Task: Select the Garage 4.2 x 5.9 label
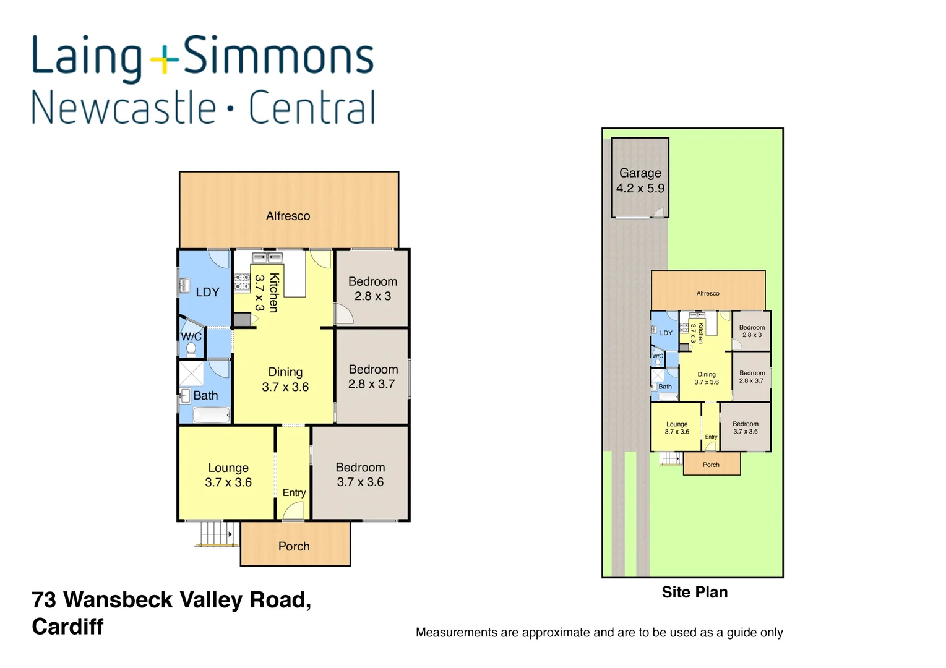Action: tap(640, 181)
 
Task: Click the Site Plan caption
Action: tap(694, 592)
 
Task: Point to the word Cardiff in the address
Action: tap(67, 627)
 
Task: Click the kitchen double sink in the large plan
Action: tap(267, 257)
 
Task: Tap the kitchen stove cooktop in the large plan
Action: tap(241, 282)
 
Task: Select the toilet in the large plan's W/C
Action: tap(191, 349)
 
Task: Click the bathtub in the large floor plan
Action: tap(211, 414)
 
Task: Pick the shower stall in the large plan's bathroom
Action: tap(191, 374)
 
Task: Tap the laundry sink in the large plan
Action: tap(184, 285)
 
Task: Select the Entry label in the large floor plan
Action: tap(294, 492)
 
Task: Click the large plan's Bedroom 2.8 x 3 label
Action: tap(372, 289)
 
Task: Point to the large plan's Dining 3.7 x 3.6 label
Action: tap(285, 379)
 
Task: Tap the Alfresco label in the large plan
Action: tap(288, 216)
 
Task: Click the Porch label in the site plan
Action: tap(711, 465)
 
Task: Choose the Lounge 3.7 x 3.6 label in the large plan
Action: tap(228, 475)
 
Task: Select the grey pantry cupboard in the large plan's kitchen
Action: tap(242, 320)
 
